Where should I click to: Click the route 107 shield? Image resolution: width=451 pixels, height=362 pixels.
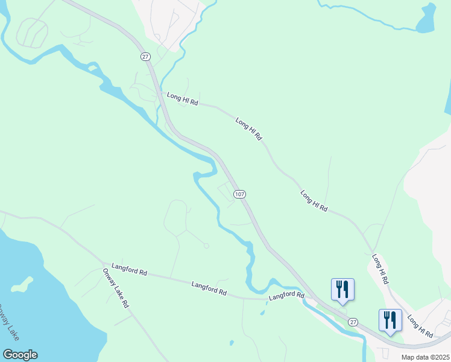point(239,194)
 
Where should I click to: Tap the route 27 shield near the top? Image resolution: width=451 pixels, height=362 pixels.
point(145,56)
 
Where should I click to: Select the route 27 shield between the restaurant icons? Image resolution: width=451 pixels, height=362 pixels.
point(353,323)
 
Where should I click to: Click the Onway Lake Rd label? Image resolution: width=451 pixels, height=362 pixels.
point(115,288)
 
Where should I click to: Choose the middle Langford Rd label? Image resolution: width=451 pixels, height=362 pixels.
point(209,288)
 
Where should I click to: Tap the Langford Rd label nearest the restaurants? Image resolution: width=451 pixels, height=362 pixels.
point(286,296)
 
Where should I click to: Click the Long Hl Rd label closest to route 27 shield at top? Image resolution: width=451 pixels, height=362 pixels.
point(183,99)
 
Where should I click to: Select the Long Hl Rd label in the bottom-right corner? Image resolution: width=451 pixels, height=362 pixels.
point(420,326)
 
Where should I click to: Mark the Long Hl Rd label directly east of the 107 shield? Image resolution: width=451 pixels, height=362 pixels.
point(314,201)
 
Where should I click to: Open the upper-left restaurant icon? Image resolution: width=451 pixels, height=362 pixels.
point(342,288)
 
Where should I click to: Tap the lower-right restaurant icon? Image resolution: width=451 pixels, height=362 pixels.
point(390,319)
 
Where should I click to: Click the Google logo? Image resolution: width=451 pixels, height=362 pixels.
point(20,355)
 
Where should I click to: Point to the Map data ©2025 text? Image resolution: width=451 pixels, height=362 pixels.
point(425,357)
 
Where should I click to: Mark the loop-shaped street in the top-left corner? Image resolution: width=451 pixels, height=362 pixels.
point(31,32)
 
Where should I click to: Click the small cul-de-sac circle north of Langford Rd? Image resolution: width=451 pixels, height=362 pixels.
point(206,246)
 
